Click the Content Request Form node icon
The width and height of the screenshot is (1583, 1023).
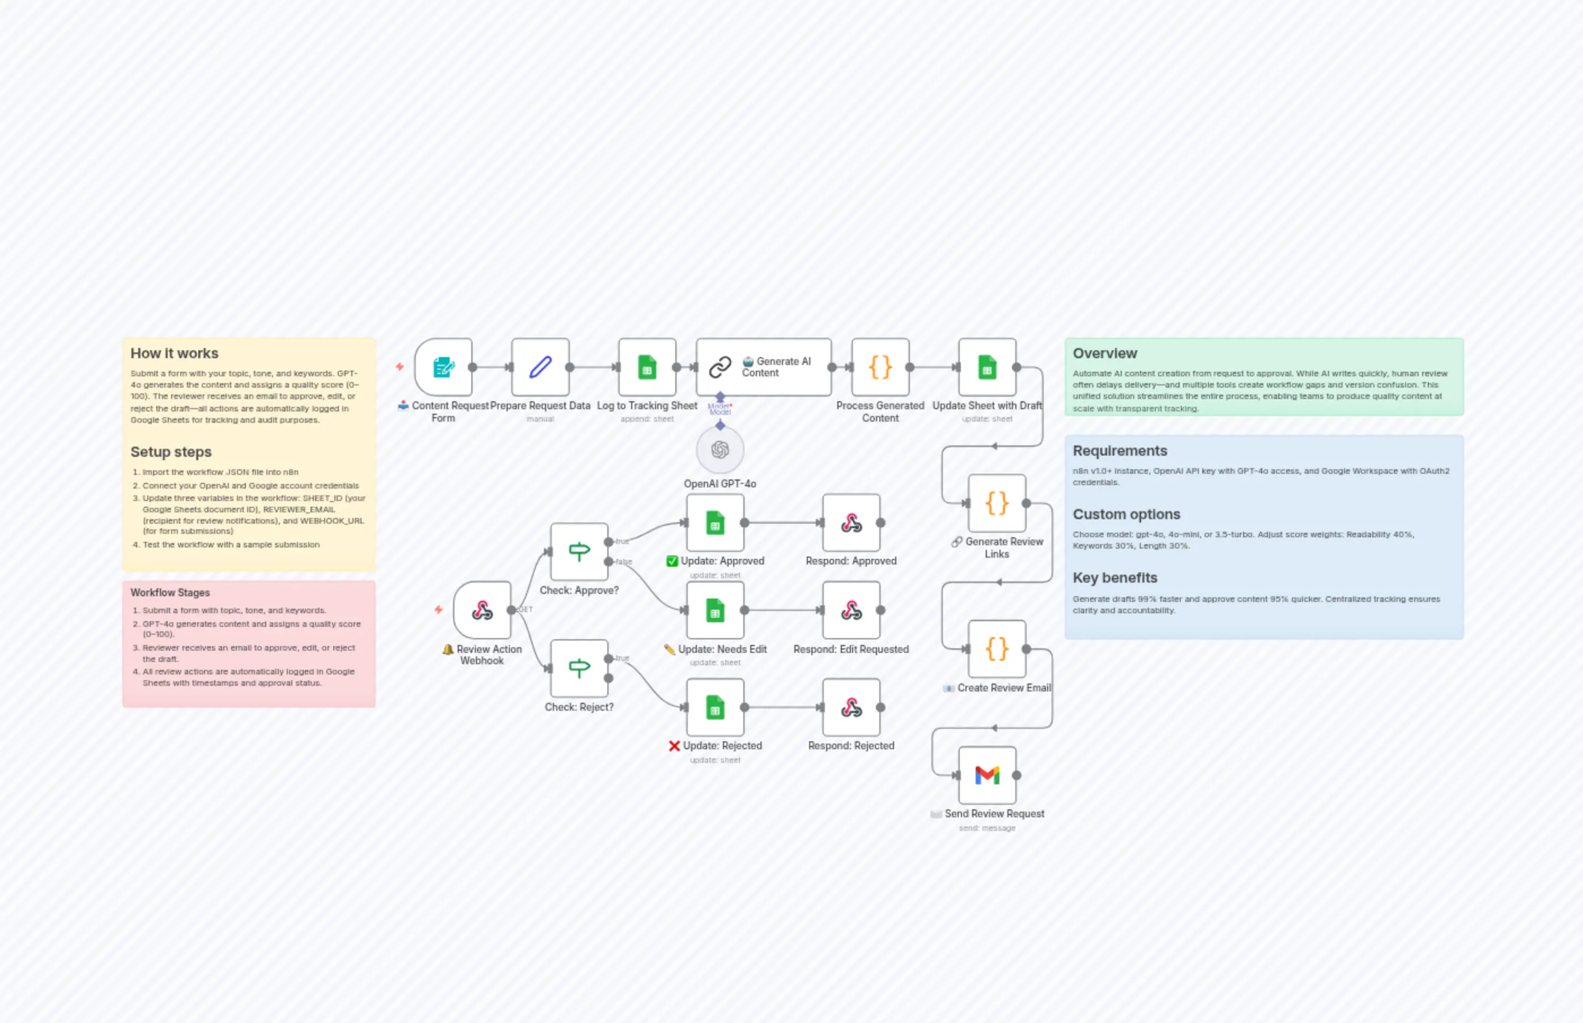point(443,367)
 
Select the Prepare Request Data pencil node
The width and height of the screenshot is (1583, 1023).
point(540,367)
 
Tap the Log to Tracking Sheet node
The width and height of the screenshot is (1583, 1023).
point(647,367)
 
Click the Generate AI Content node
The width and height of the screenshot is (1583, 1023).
point(763,367)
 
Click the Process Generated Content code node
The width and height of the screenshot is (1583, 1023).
point(880,367)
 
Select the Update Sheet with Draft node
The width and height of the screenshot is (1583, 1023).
point(987,367)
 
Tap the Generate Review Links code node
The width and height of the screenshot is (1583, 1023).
point(996,503)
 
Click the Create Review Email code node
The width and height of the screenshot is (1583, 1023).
point(996,649)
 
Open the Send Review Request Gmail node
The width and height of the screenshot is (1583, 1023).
point(987,775)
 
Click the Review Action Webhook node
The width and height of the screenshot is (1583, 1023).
point(482,610)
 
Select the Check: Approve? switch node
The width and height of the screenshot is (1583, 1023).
point(579,551)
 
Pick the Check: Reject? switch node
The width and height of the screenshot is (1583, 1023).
point(579,668)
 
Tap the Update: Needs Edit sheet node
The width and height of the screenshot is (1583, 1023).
point(714,610)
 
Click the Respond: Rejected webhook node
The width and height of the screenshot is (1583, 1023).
point(850,707)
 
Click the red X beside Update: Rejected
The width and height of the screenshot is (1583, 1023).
point(674,746)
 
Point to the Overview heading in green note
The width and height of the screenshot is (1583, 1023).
point(1104,354)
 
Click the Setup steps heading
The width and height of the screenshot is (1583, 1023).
point(171,452)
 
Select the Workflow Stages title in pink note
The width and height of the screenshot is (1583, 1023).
point(170,592)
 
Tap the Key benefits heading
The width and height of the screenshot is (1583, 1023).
point(1114,578)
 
